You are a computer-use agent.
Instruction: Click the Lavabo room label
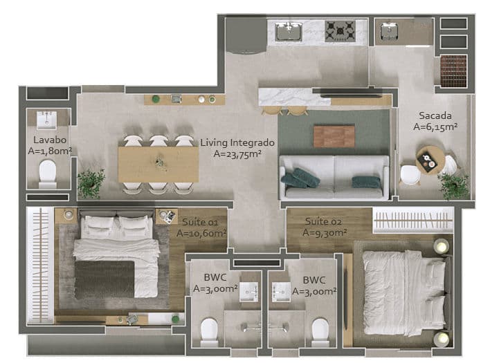[x=50, y=140]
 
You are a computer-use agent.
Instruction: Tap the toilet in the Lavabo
[x=48, y=174]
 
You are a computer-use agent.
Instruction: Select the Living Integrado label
[x=237, y=143]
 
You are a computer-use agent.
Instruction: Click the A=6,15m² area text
[x=435, y=127]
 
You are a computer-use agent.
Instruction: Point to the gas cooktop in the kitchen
[x=340, y=31]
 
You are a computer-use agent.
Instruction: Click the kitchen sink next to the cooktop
[x=289, y=31]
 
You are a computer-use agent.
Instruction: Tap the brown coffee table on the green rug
[x=334, y=136]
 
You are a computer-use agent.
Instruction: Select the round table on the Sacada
[x=430, y=160]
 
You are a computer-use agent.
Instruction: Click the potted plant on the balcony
[x=454, y=186]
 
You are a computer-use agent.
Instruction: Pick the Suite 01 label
[x=200, y=222]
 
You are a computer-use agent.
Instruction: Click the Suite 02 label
[x=323, y=221]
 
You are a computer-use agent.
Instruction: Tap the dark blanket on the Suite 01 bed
[x=105, y=279]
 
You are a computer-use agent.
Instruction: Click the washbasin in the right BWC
[x=281, y=292]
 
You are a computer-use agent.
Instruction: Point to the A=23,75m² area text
[x=237, y=154]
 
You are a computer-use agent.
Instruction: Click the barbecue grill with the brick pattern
[x=454, y=71]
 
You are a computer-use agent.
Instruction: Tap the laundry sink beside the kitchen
[x=390, y=32]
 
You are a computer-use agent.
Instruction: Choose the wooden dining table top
[x=158, y=164]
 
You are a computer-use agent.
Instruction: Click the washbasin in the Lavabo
[x=46, y=120]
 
